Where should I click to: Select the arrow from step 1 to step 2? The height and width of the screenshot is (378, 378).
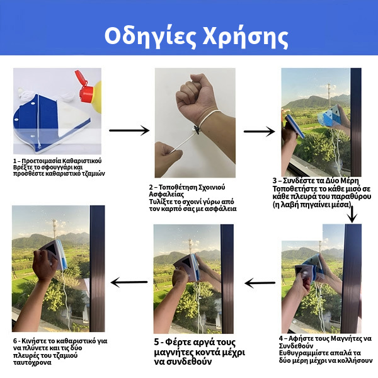coord(129,130)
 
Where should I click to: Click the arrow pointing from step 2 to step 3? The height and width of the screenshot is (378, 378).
coord(259,132)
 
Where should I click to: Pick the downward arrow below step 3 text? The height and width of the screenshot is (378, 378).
coord(352,214)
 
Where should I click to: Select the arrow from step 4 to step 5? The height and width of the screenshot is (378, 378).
coord(260,282)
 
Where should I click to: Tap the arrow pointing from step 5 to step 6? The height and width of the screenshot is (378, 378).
coord(129,282)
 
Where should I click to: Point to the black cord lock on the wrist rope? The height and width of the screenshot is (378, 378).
coord(197,130)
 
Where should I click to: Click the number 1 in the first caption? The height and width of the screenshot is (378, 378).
coord(14,161)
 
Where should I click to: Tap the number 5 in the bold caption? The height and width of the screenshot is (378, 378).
coord(157,342)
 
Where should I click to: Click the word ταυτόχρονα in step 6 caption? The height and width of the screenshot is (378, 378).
coord(32,363)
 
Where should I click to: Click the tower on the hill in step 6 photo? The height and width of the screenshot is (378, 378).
coord(55,228)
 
